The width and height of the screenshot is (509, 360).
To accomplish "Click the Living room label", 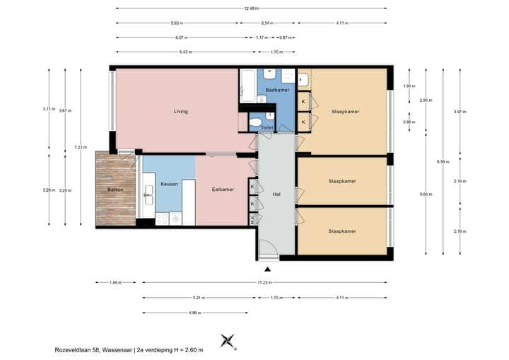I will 180,112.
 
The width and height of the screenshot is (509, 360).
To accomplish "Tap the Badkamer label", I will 276,91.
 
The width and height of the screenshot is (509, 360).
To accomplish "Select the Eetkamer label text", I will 223,190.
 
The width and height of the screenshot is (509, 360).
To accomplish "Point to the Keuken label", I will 170,184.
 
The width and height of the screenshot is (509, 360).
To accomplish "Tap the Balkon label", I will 116,190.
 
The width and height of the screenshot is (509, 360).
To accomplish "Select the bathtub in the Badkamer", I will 247,86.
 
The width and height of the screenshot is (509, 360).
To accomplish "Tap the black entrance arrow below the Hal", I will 267,269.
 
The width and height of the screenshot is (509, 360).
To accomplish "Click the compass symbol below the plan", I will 228,342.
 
